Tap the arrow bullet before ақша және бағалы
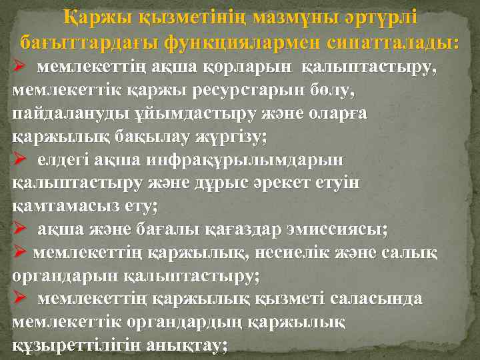19,229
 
